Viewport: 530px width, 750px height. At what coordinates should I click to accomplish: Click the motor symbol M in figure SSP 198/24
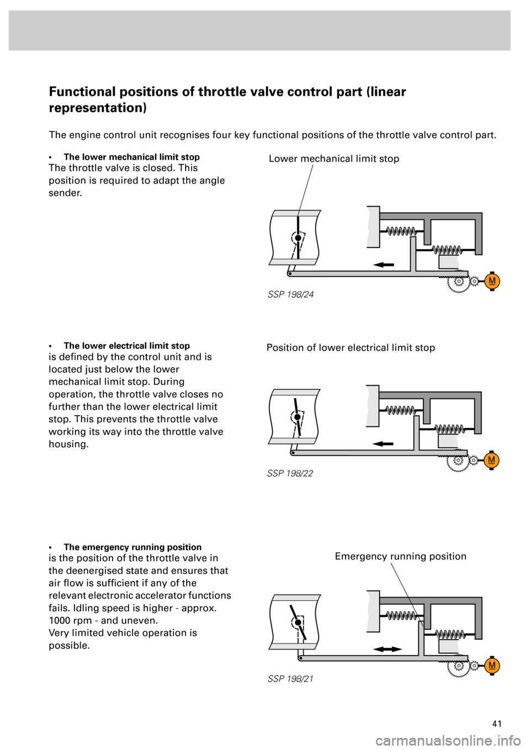tap(492, 282)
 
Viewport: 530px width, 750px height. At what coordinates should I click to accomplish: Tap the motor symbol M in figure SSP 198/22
tap(491, 460)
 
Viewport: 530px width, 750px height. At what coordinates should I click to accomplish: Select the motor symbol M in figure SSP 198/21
tap(491, 666)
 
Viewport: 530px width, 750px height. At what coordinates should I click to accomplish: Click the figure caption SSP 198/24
tap(290, 294)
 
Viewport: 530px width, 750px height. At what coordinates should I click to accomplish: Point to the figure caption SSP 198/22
tap(290, 473)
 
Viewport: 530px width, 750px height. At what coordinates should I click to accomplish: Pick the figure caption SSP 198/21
tap(290, 679)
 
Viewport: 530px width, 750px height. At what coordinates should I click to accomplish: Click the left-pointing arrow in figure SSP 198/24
tap(384, 265)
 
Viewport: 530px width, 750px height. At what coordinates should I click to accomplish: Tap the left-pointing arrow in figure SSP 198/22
tap(383, 443)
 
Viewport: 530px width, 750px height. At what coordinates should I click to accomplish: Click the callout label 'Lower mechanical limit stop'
tap(333, 159)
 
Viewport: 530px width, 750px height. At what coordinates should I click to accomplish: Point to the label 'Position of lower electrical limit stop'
tap(351, 348)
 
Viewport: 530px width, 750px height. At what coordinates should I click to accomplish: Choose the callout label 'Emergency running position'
tap(400, 557)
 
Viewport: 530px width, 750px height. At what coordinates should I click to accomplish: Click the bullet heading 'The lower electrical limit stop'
tap(126, 346)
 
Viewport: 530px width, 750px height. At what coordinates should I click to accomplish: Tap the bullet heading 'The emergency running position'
tap(132, 547)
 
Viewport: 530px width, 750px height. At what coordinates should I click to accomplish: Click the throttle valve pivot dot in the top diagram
tap(298, 238)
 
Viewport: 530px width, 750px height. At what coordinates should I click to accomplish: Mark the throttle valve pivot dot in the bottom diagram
tap(298, 622)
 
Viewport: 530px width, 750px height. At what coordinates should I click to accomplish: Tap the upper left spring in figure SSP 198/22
tap(400, 410)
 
